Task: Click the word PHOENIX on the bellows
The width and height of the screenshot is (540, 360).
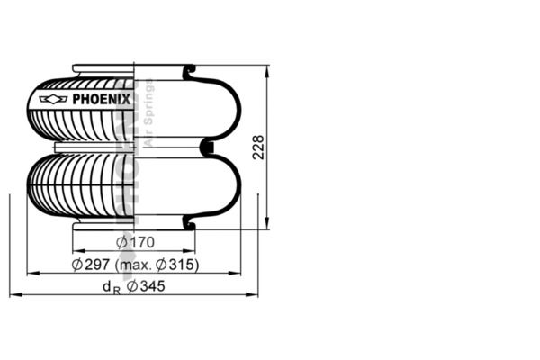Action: click(101, 99)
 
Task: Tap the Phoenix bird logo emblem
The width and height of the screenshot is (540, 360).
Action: click(51, 99)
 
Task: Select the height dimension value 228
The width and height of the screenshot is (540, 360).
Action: click(258, 147)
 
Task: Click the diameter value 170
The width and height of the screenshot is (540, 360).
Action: click(142, 242)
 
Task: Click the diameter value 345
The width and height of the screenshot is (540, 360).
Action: click(152, 287)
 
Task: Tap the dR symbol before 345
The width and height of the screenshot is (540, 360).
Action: click(110, 288)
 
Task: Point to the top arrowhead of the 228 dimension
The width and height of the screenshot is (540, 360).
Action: click(267, 69)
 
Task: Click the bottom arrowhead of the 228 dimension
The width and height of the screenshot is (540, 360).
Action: click(267, 226)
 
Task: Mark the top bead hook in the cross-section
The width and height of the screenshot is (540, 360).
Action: click(189, 69)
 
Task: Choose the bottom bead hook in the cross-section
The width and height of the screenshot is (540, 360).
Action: click(188, 221)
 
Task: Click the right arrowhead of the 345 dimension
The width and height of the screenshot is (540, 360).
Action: click(255, 294)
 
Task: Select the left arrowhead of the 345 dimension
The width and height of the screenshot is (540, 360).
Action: click(13, 294)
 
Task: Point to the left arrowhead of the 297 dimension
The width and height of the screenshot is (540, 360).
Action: click(31, 273)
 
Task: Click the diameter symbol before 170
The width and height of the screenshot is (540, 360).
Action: click(121, 242)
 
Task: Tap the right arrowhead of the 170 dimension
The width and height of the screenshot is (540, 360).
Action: click(192, 250)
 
